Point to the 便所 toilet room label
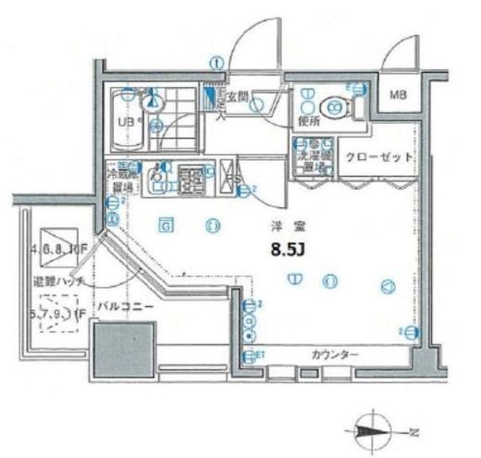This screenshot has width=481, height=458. (x=308, y=120)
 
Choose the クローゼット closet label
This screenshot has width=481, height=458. (x=379, y=156)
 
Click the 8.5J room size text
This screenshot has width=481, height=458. (x=288, y=248)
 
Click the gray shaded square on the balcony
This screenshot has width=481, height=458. (x=119, y=348)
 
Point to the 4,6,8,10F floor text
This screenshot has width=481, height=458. (x=57, y=248)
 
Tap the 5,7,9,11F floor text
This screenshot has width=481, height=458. (x=57, y=315)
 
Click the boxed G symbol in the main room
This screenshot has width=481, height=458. (x=166, y=223)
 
